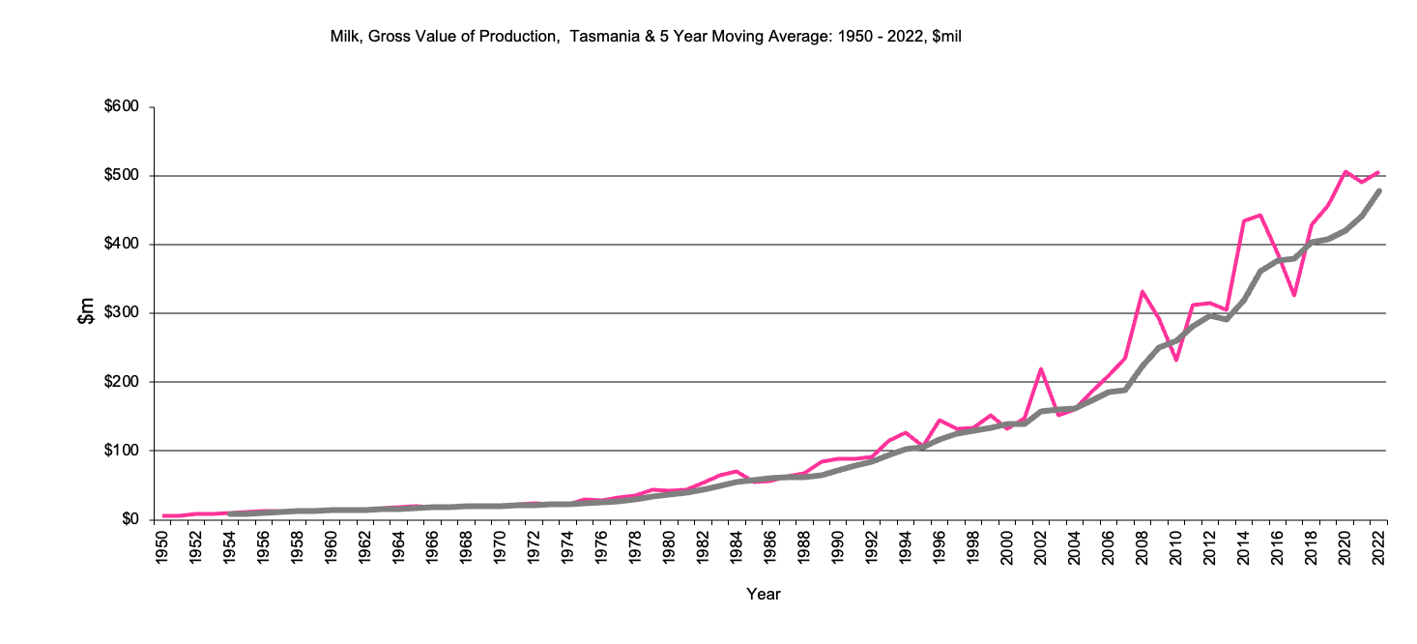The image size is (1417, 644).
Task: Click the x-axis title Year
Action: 763,595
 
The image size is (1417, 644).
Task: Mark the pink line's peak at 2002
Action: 1041,368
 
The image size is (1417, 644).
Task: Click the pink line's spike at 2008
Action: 1142,291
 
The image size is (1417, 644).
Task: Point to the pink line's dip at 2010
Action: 1175,360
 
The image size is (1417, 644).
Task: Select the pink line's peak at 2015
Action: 1260,215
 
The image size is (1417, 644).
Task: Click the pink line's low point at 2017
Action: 1294,295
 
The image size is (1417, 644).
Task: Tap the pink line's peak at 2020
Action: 1345,172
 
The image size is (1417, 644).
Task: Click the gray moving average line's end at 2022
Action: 1378,190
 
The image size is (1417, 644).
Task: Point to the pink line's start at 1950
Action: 163,515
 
